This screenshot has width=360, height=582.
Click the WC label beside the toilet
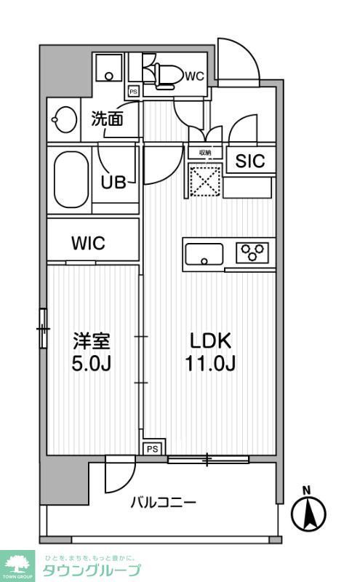(x=193, y=75)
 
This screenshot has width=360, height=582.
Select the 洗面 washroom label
(x=105, y=119)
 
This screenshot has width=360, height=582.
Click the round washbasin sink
(x=64, y=119)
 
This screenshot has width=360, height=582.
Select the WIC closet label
(x=88, y=243)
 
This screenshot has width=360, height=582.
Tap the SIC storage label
(x=249, y=162)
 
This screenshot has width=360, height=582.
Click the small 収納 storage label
(x=204, y=153)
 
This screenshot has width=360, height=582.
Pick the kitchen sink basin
(x=204, y=255)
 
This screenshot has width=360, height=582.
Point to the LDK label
(x=210, y=340)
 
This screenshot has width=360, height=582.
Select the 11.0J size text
(x=210, y=363)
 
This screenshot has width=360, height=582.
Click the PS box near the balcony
(x=152, y=449)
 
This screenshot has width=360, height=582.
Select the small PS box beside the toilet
(x=133, y=92)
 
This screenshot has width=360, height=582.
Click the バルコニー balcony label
(x=163, y=502)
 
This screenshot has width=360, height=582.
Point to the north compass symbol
(x=308, y=512)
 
